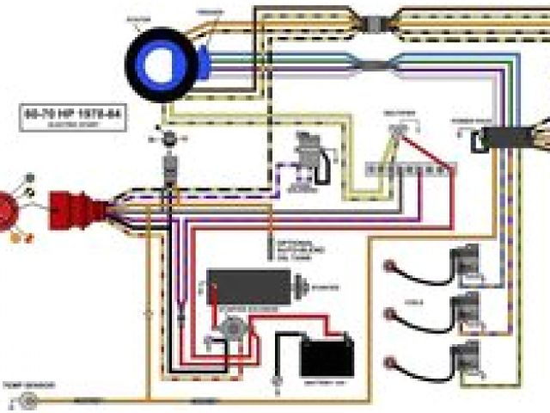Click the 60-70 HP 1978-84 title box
[72, 117]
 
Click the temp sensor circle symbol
[29, 398]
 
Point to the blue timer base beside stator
[205, 60]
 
